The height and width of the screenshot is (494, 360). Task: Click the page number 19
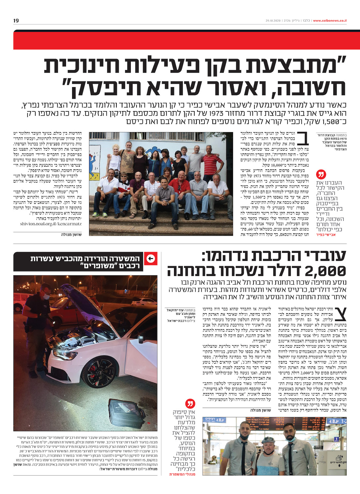(16, 21)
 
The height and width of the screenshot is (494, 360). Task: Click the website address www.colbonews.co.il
(330, 21)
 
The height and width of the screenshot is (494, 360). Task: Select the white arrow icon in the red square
(151, 258)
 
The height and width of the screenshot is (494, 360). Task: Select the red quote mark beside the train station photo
(190, 403)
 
